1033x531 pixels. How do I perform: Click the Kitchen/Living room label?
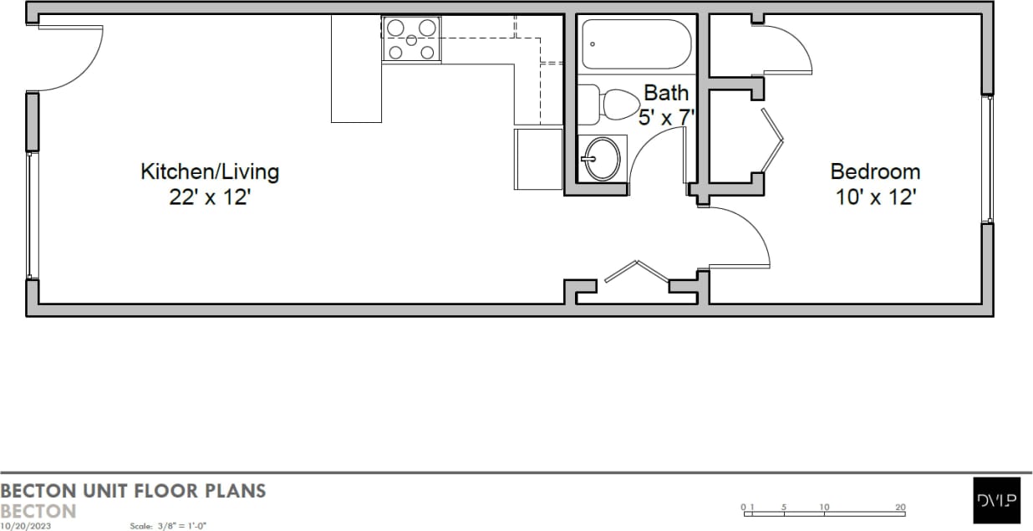(209, 172)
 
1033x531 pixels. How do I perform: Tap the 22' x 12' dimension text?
(209, 198)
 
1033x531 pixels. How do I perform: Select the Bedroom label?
(875, 172)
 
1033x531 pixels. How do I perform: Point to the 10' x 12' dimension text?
(875, 198)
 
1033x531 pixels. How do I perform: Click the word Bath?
(666, 92)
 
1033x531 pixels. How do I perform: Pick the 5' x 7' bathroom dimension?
(666, 117)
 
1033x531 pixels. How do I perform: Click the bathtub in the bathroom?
(637, 44)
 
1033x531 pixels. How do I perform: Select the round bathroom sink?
(602, 158)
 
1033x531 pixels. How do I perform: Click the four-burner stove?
(411, 39)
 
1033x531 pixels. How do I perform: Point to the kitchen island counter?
(356, 69)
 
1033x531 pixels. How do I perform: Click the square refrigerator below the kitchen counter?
(538, 159)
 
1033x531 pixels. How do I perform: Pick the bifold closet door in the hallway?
(637, 273)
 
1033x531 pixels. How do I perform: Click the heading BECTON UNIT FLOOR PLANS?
(134, 490)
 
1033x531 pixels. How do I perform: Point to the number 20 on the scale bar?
(900, 507)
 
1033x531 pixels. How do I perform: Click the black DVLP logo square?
(997, 500)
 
